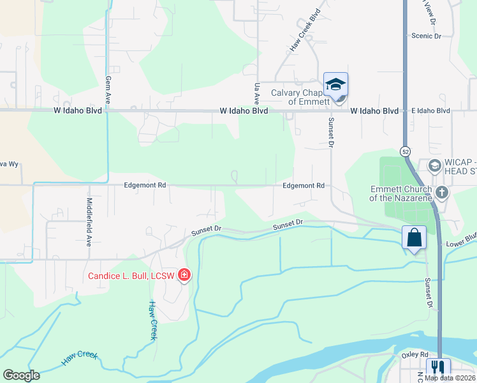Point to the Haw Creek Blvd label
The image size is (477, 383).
tap(305, 31)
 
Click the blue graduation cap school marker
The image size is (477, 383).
tap(335, 84)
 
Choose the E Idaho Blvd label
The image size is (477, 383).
tap(430, 110)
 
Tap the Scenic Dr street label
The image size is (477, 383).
tap(426, 36)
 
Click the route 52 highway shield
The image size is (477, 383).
tap(406, 151)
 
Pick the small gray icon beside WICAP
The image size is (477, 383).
tap(434, 165)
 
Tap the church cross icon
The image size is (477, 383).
tap(441, 192)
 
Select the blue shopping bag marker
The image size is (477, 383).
tap(414, 237)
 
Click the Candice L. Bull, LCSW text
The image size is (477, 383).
tap(132, 276)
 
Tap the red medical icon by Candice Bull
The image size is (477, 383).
tap(184, 275)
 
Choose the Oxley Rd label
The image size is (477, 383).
tap(415, 354)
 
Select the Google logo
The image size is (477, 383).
tap(21, 375)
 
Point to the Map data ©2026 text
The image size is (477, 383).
tap(450, 378)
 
